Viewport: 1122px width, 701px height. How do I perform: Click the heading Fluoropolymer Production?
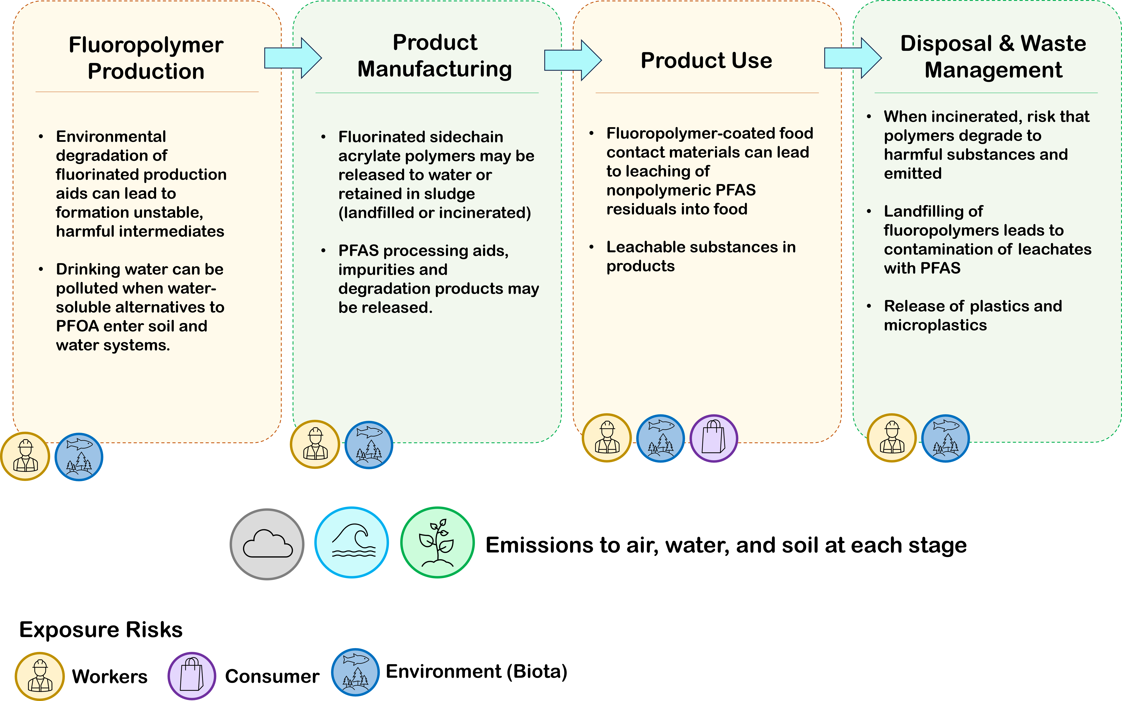tap(146, 58)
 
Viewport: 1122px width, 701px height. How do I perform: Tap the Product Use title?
tap(706, 60)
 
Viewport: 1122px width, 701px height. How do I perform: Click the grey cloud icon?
tap(267, 544)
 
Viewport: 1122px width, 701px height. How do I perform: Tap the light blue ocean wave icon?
tap(352, 542)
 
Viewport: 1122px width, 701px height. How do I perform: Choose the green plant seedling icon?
tap(437, 542)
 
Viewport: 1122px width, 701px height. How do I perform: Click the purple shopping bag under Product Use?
tap(714, 438)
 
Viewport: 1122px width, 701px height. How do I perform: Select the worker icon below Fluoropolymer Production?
tap(25, 456)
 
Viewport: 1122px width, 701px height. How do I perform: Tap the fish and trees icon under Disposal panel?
tap(945, 438)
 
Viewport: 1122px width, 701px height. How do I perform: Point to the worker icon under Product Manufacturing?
tap(315, 444)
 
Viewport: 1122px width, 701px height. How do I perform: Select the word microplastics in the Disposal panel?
tap(935, 325)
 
